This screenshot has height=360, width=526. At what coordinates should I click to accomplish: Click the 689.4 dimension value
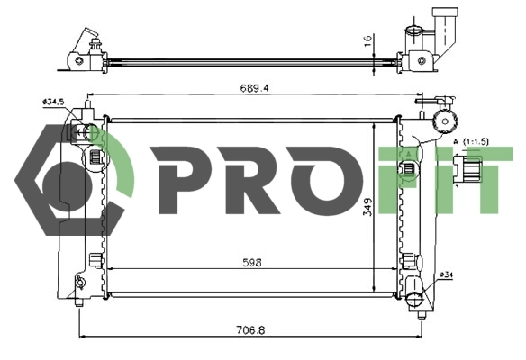coord(254,88)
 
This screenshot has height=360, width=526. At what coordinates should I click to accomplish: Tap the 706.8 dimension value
coord(250,330)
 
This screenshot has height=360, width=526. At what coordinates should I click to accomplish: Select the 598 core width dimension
coord(252,263)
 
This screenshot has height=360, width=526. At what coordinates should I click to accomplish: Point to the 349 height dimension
coord(367,207)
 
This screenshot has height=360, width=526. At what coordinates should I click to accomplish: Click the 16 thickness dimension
coord(368,40)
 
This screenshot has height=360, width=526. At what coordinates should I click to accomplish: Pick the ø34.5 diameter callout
coord(53,102)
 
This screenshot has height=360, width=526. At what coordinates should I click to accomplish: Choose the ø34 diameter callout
coord(446,275)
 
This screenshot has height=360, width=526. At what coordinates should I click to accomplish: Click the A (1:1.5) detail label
coord(471,142)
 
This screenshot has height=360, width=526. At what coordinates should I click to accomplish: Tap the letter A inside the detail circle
coord(408,155)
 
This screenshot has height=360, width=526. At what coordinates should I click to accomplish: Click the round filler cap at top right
coord(445,121)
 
